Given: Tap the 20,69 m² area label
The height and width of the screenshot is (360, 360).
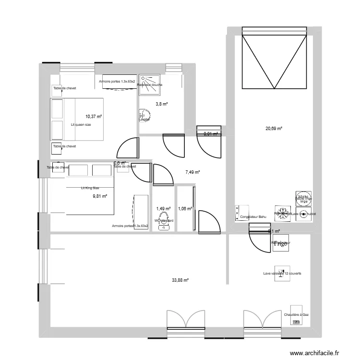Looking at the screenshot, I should pos(274,128).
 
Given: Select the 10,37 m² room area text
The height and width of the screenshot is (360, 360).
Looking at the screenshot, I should pos(94,116).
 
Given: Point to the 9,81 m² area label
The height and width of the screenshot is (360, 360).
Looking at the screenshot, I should pos(100,196).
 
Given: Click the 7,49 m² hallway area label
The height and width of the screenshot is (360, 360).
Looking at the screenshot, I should pos(192,172).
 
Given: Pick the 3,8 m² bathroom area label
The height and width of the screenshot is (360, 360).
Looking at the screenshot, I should pos(161,104).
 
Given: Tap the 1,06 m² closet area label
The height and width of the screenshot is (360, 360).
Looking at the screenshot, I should pos(185,208).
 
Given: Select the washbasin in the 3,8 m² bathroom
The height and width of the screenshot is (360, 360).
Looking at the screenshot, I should pos(143,115).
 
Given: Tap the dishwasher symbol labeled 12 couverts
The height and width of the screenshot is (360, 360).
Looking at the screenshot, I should pos(282,273).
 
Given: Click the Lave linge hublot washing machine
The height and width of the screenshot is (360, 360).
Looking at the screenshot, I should pos(303,214).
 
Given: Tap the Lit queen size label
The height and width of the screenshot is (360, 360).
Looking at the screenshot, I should pos(81,124).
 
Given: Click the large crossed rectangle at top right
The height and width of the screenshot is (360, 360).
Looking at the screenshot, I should pos(274,61).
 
